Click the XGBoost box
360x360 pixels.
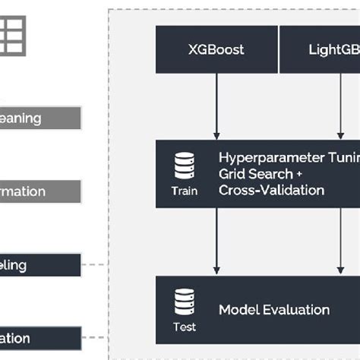[216, 51]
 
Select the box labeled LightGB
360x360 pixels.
[320, 51]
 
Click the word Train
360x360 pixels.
[184, 191]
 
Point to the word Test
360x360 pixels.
[184, 327]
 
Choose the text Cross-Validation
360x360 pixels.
[270, 190]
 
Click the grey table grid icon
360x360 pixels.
[12, 35]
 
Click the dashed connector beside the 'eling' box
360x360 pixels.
[94, 265]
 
